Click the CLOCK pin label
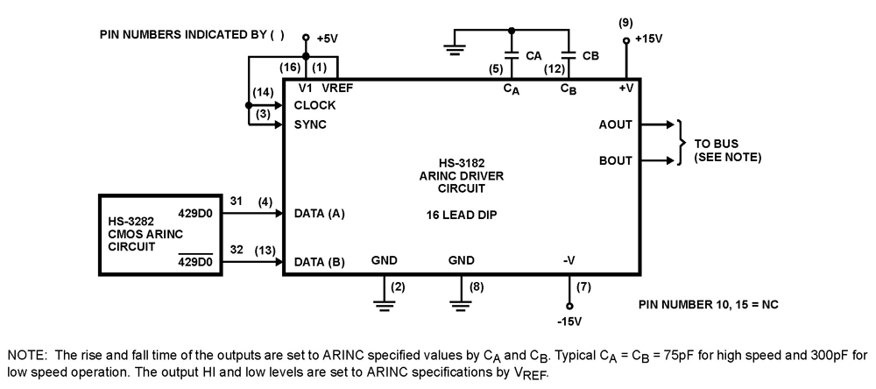click(315, 105)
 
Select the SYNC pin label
click(310, 124)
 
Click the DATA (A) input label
click(319, 213)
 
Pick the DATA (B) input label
click(319, 261)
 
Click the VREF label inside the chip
click(337, 88)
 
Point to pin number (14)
click(262, 92)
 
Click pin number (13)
click(262, 250)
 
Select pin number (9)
click(625, 21)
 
